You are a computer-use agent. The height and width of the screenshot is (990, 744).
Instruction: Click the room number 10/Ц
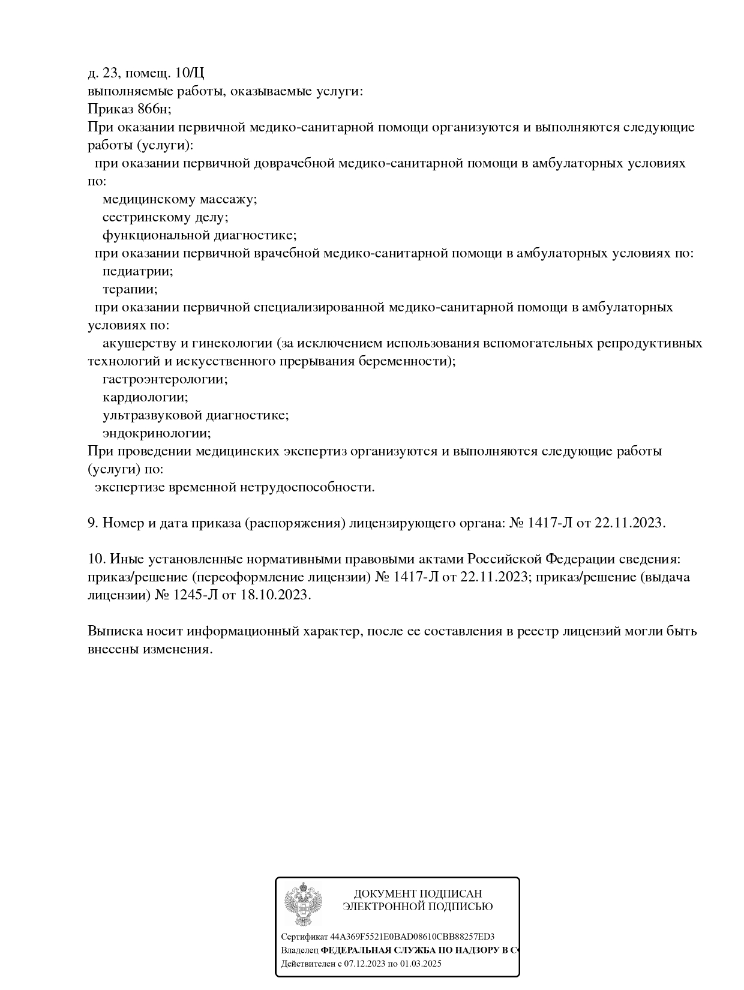pos(190,73)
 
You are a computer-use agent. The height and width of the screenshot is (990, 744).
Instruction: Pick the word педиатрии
pos(137,271)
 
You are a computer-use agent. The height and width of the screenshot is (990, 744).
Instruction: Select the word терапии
pos(130,289)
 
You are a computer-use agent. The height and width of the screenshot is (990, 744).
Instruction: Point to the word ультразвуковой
pos(152,415)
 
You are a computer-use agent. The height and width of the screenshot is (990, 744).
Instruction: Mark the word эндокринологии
pos(157,433)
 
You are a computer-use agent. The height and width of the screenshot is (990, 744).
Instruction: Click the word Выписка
pos(115,631)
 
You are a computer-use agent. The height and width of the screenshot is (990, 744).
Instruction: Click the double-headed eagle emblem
pos(303,904)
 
